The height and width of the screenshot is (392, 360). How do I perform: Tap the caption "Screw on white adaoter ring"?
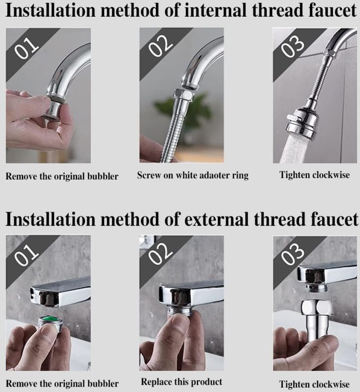[x=193, y=175]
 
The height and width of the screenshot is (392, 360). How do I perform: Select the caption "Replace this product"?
[x=181, y=382]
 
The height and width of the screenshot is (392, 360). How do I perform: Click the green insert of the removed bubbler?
[x=50, y=319]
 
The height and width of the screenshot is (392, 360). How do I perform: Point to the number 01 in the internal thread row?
[x=26, y=49]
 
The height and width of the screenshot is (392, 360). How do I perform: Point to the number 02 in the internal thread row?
[x=160, y=46]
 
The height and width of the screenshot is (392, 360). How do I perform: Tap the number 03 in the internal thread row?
[x=293, y=47]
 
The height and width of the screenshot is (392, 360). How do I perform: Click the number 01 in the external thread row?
[x=26, y=255]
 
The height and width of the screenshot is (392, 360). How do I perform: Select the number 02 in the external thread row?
[x=160, y=253]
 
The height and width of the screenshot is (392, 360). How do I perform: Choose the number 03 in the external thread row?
[x=293, y=254]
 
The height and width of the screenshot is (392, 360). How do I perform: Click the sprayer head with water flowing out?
[x=302, y=124]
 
